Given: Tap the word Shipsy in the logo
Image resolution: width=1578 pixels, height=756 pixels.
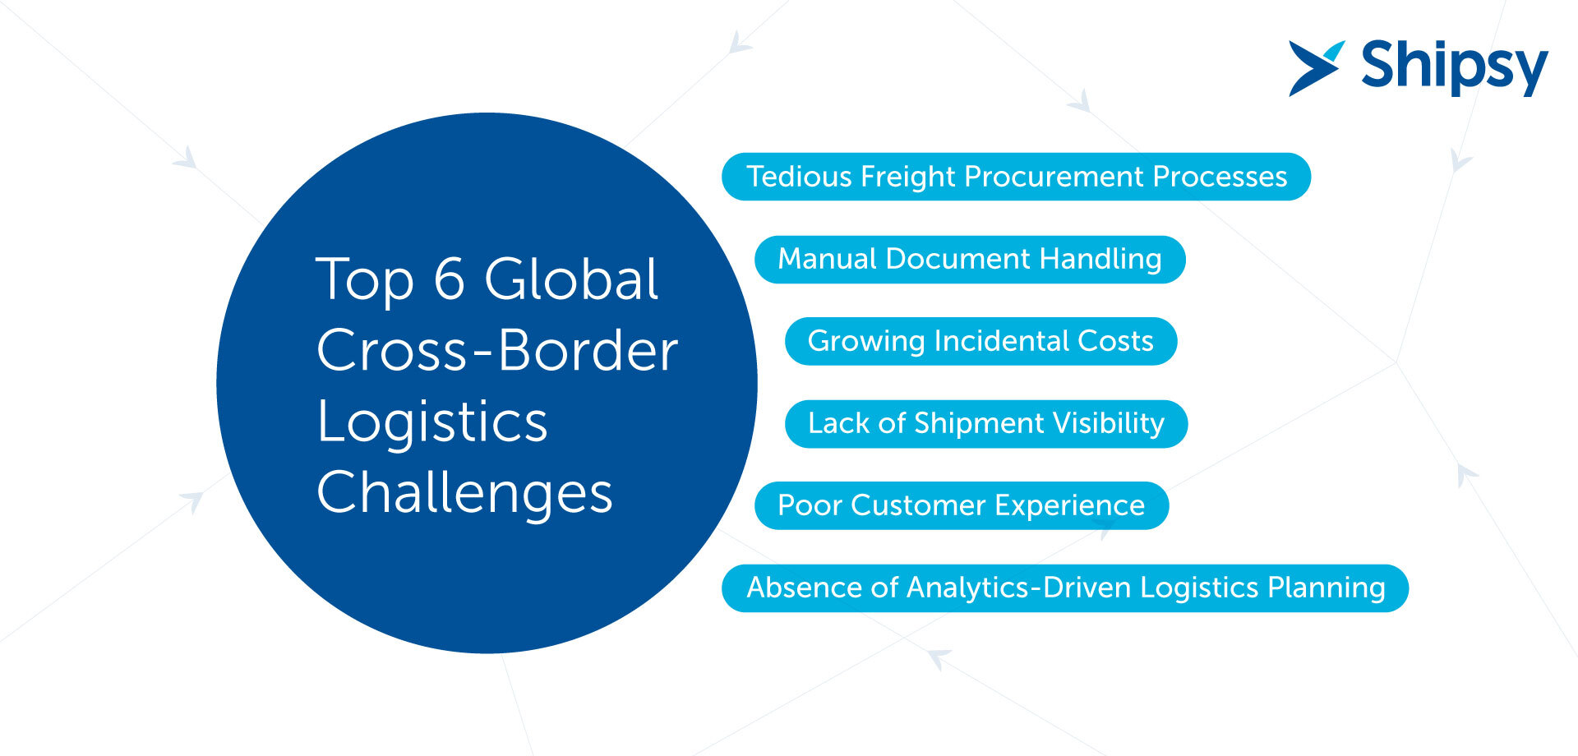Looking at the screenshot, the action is click(x=1455, y=67).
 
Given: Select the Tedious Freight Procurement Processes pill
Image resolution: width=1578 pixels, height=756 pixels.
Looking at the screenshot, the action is click(x=1016, y=177).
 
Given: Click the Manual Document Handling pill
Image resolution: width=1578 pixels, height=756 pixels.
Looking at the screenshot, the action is click(x=970, y=260).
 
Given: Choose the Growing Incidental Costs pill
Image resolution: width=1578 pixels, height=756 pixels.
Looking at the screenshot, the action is click(x=980, y=341).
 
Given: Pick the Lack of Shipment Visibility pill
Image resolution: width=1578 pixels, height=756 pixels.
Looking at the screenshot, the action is click(x=986, y=424).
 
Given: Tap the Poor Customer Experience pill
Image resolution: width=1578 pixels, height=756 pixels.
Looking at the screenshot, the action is click(x=962, y=505).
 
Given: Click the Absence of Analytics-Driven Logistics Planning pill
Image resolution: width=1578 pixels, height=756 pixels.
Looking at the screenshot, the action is click(x=1065, y=588).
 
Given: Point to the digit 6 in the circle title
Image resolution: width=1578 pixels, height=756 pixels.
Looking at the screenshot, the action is click(x=449, y=279).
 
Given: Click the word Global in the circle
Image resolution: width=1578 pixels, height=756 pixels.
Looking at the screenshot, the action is click(x=571, y=279).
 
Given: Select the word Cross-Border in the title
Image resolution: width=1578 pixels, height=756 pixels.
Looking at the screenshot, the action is click(x=497, y=350).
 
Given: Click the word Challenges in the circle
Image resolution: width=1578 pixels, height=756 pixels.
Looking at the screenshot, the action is click(x=465, y=493).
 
